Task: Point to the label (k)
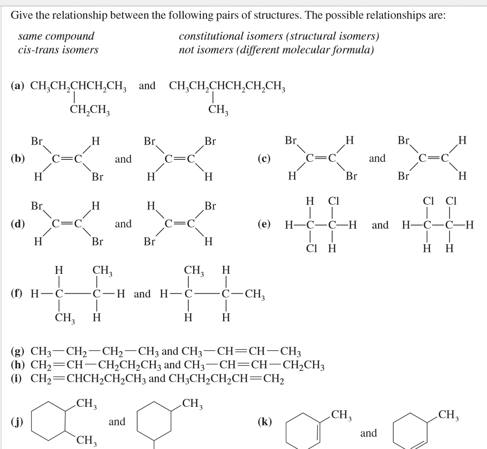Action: (x=264, y=422)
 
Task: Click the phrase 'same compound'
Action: (x=56, y=36)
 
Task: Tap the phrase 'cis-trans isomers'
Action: (x=58, y=50)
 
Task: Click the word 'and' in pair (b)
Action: (x=123, y=159)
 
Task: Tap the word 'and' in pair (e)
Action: (x=380, y=226)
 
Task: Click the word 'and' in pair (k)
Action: (x=368, y=433)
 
